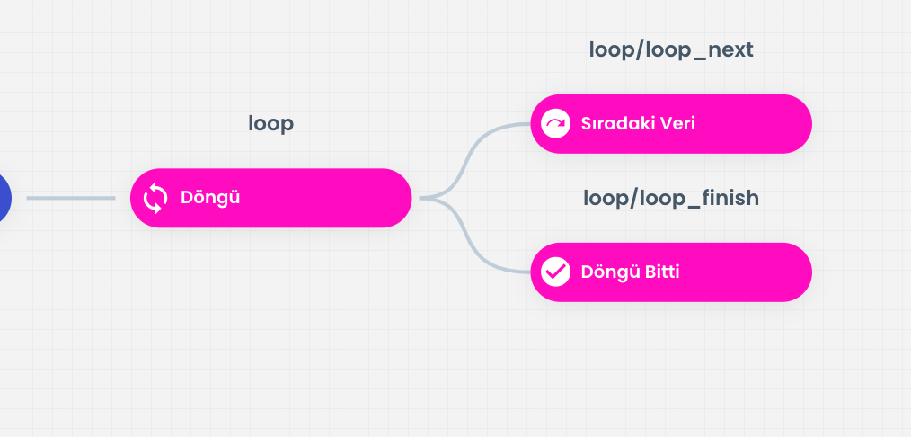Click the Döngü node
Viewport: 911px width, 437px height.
click(270, 198)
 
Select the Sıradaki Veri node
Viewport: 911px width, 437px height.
click(671, 124)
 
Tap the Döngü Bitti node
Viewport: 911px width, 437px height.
click(671, 272)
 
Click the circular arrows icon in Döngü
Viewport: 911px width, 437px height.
click(155, 198)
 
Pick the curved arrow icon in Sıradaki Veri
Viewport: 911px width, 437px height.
click(555, 124)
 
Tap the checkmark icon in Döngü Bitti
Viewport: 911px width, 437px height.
click(555, 272)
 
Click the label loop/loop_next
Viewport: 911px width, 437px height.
click(671, 50)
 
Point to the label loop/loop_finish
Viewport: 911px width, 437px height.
click(671, 198)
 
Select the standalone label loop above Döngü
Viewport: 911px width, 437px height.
click(270, 124)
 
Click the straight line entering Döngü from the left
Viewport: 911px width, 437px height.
click(71, 198)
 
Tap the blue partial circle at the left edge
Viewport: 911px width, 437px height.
click(4, 198)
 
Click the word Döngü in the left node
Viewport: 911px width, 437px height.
click(210, 198)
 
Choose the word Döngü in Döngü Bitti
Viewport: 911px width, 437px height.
click(610, 272)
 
